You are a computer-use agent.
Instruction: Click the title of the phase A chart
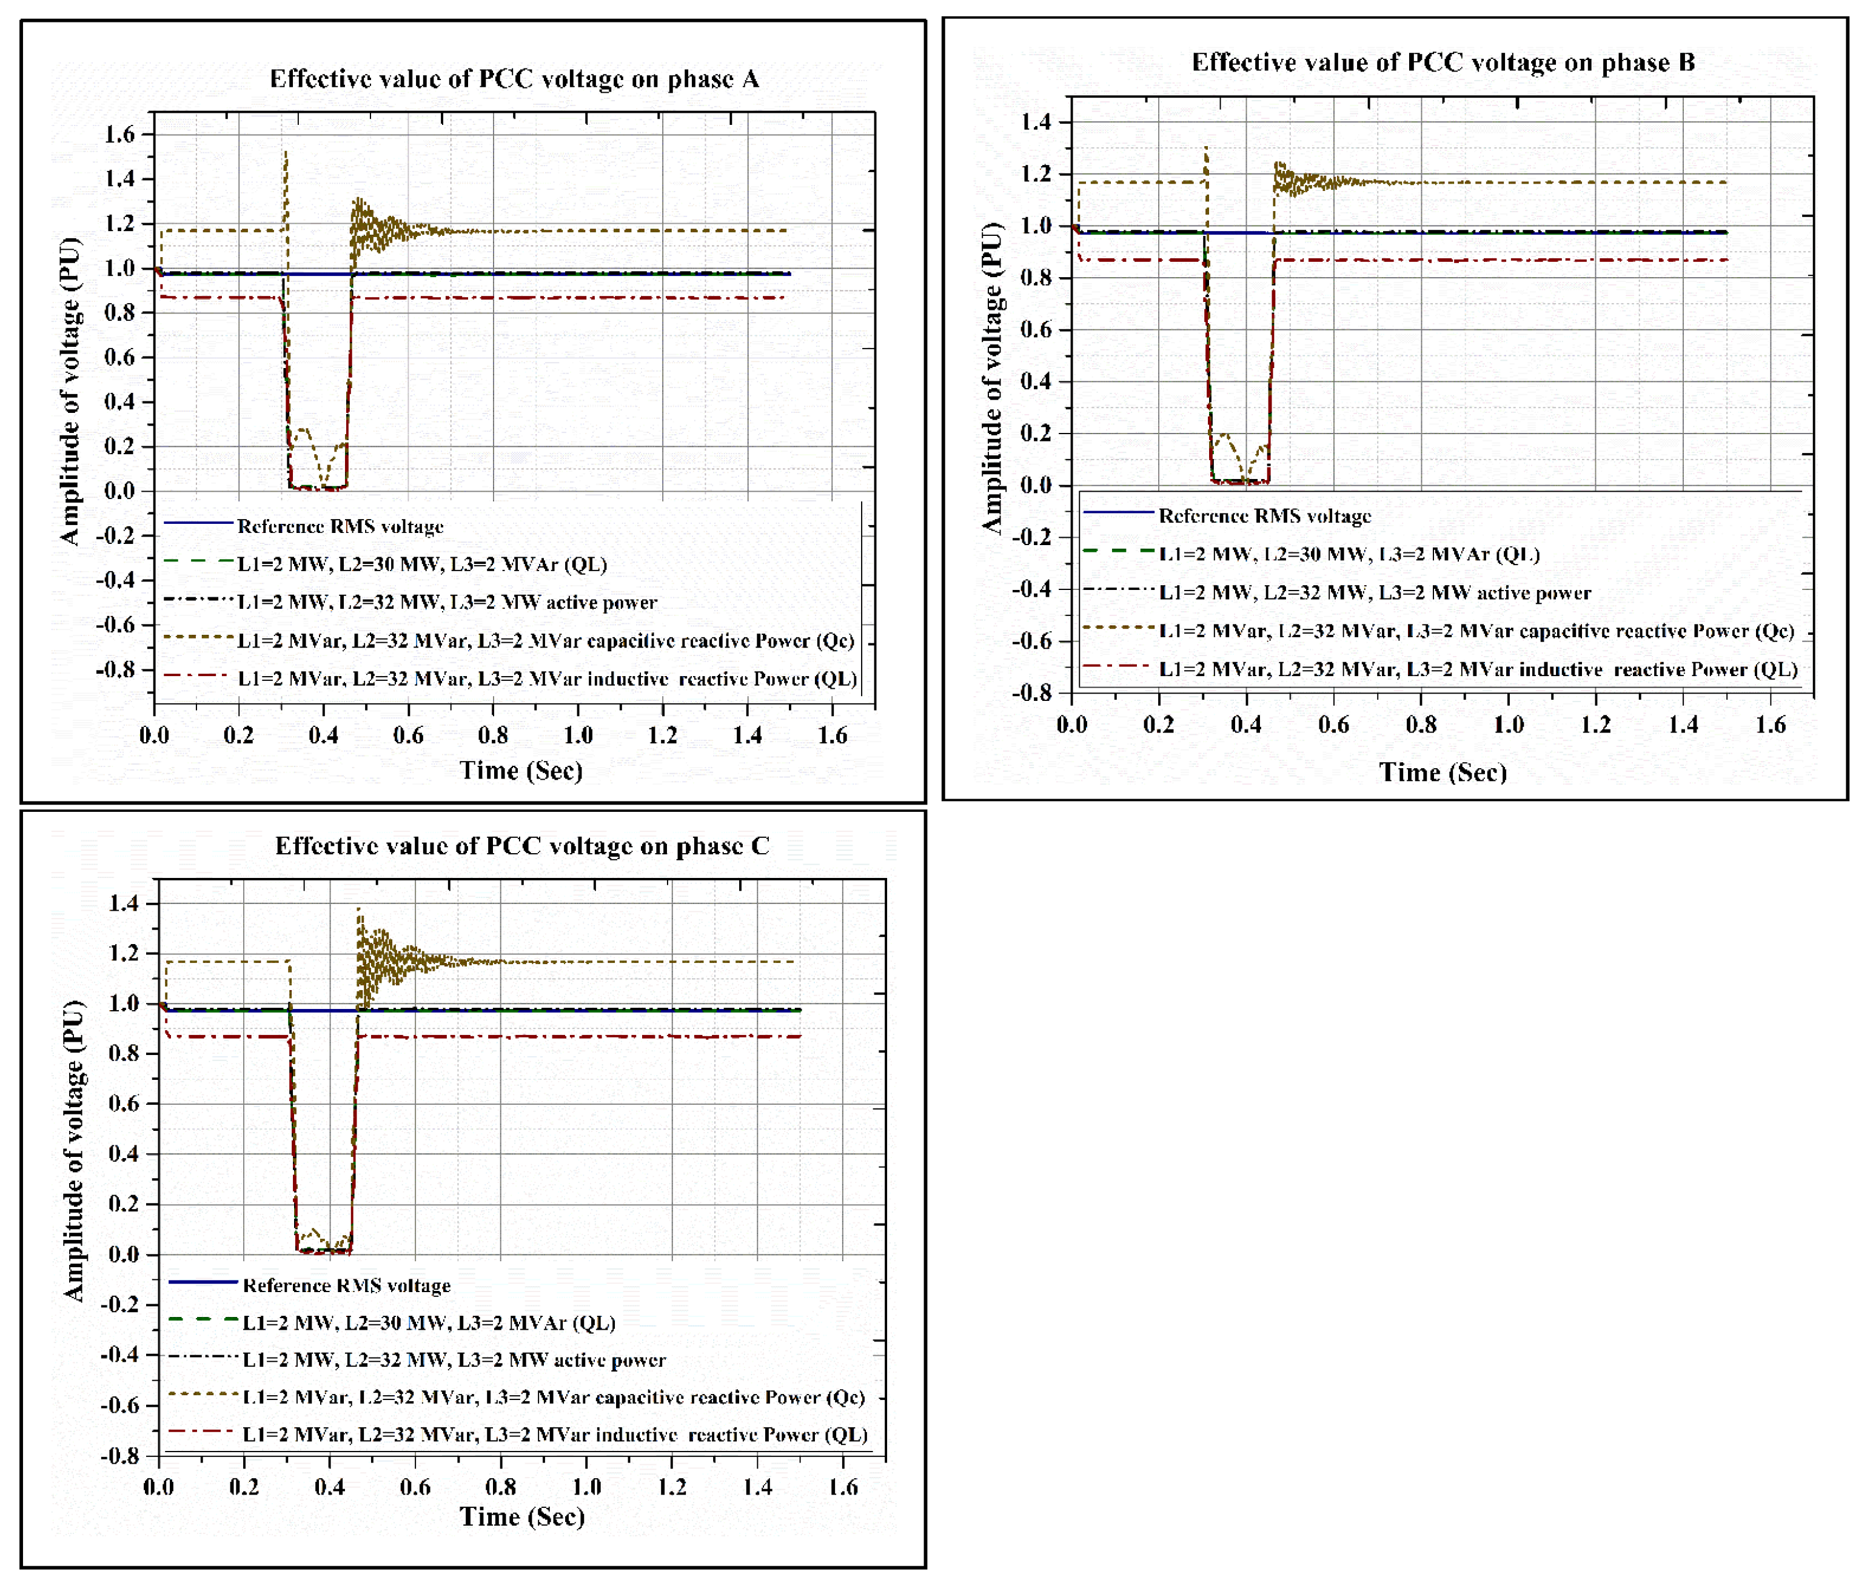pos(514,79)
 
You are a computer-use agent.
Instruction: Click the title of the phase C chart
pos(522,846)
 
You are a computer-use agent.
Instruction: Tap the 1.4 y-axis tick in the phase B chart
pos(1036,121)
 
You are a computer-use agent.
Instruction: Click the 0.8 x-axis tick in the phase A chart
pos(492,735)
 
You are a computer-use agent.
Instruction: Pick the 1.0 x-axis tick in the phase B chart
pos(1508,725)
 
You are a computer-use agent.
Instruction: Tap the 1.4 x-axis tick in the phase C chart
pos(757,1486)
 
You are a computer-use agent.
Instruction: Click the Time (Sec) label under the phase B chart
pos(1443,772)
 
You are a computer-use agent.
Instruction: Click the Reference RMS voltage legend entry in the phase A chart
pos(340,527)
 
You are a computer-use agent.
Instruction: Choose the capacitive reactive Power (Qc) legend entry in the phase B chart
pos(1476,631)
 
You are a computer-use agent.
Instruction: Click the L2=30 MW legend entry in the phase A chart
pos(421,565)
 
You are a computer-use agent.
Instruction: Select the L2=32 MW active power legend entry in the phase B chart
pos(1374,593)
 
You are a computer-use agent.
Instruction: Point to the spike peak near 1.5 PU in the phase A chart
pos(286,153)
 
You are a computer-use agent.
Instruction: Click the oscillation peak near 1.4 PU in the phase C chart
pos(358,910)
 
